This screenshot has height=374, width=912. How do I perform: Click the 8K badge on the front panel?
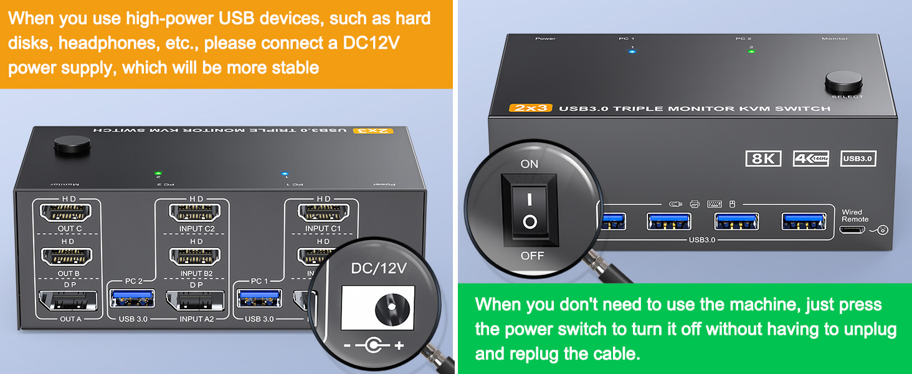click(x=763, y=159)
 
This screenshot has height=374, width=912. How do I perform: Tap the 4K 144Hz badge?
click(x=811, y=159)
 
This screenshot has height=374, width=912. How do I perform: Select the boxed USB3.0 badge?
click(x=858, y=159)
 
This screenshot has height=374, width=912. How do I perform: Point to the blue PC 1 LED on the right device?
click(x=632, y=52)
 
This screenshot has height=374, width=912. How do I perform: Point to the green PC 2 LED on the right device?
click(x=751, y=52)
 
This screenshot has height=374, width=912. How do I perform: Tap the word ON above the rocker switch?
click(x=529, y=164)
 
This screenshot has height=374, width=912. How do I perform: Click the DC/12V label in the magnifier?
click(x=379, y=269)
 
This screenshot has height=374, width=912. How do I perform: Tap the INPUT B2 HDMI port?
click(x=195, y=256)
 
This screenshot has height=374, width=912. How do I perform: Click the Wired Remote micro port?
click(x=852, y=230)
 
